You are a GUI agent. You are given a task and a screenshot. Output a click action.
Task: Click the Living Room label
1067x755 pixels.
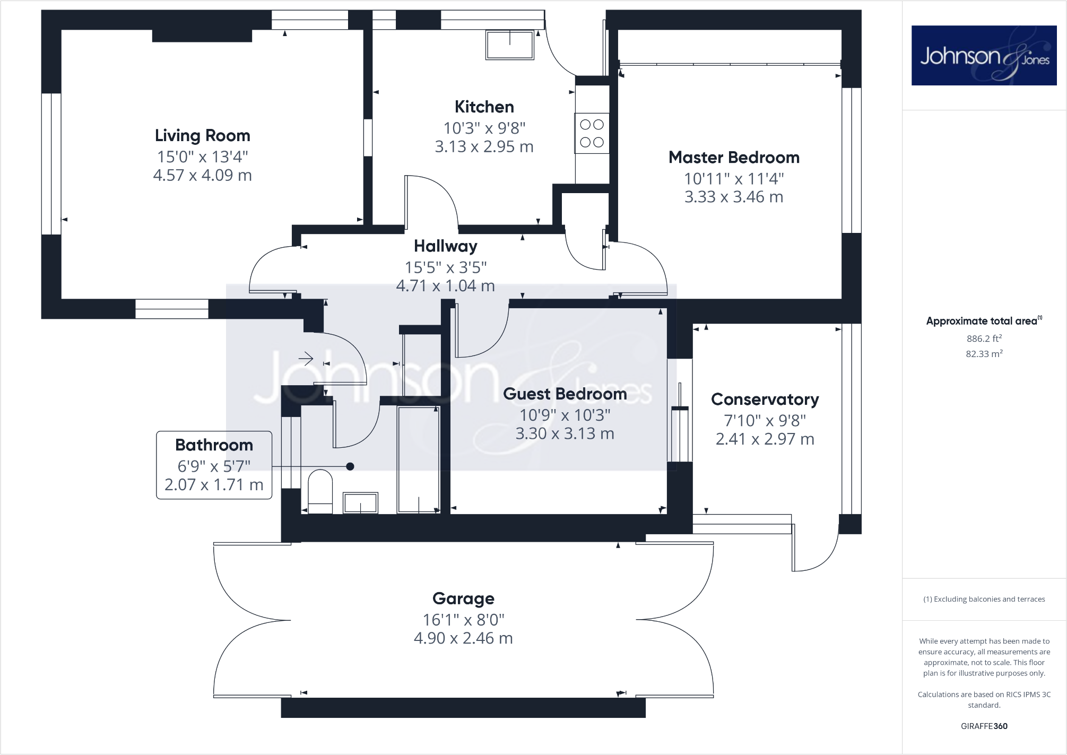(x=202, y=136)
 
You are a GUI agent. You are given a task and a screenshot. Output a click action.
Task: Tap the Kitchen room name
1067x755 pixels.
(x=484, y=107)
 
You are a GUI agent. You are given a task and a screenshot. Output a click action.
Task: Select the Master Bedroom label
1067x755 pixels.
(x=734, y=158)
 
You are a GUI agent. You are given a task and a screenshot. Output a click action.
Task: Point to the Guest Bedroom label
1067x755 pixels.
(x=565, y=394)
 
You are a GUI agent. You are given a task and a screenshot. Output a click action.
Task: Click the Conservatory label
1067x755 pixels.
(x=765, y=400)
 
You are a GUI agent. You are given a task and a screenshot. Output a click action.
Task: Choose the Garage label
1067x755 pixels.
(x=463, y=598)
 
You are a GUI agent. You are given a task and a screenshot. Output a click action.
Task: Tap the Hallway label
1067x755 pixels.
(x=445, y=246)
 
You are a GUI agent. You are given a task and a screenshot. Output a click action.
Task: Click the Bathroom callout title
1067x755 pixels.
(x=214, y=445)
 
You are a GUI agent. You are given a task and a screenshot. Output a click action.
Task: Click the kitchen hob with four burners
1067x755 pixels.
(x=592, y=133)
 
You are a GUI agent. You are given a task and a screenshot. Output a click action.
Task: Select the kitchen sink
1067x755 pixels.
(x=510, y=45)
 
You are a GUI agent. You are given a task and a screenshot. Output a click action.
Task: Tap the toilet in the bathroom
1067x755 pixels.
(x=320, y=491)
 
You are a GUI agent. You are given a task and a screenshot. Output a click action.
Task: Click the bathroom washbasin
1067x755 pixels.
(x=361, y=502)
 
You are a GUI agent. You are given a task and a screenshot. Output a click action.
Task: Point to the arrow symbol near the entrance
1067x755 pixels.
(x=306, y=359)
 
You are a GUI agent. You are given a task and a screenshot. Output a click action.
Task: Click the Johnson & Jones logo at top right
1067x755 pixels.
(x=984, y=56)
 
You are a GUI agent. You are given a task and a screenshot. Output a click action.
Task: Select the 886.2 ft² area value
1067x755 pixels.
(x=984, y=339)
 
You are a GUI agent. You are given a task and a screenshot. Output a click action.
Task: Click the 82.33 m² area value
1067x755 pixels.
(x=984, y=354)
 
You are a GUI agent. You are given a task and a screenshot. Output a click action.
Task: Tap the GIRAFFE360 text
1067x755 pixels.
(x=984, y=726)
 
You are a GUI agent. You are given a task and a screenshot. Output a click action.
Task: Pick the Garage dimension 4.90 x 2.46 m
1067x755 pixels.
(x=463, y=638)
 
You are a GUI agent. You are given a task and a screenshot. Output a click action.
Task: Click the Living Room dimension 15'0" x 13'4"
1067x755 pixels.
(x=202, y=157)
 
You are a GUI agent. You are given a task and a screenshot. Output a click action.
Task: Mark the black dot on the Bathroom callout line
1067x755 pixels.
(x=350, y=466)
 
